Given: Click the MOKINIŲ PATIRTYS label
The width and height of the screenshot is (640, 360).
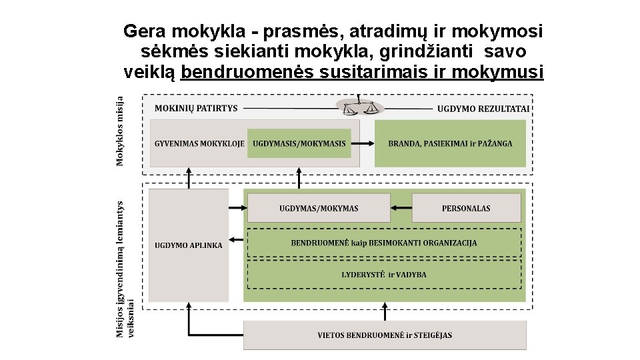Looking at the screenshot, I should click(x=196, y=108).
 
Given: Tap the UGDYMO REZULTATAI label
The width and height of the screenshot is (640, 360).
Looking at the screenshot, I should click(x=483, y=109).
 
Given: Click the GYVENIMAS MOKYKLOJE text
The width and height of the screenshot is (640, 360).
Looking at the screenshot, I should click(x=199, y=143).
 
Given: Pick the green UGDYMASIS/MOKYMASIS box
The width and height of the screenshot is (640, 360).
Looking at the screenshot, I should click(x=299, y=143).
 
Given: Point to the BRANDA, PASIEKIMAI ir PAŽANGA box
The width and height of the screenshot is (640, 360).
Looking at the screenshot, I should click(x=450, y=143).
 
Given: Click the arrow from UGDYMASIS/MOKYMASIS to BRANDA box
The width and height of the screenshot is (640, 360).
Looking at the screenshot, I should click(x=363, y=143).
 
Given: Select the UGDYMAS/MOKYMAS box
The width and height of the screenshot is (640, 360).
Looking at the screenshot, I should click(x=319, y=208).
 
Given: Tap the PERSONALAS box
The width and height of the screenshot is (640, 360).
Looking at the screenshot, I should click(x=466, y=208).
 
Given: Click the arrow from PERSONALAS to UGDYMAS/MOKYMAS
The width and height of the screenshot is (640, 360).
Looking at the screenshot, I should click(x=401, y=208).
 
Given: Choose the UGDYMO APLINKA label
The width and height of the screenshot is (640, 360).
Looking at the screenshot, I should click(x=189, y=245).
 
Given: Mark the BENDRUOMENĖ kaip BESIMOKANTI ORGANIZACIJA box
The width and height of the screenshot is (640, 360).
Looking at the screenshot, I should click(x=384, y=243).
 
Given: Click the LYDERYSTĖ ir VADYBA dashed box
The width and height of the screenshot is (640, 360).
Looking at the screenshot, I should click(x=384, y=274).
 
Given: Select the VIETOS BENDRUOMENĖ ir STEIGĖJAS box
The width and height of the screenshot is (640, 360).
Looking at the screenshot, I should click(x=385, y=335).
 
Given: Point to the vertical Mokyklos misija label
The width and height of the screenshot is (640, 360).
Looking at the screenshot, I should click(x=120, y=130).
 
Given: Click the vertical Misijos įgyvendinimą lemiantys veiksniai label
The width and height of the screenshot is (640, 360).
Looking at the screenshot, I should click(x=125, y=269).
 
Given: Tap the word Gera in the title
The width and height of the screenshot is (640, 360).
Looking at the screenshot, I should click(x=145, y=31).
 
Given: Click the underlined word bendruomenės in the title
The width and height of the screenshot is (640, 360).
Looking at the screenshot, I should click(x=245, y=71).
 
